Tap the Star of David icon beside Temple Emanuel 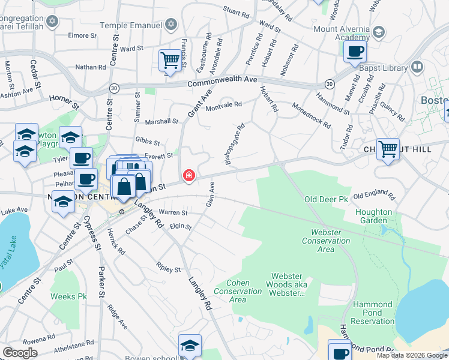pyautogui.click(x=171, y=24)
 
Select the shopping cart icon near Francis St pyautogui.click(x=170, y=61)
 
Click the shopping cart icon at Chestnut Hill pyautogui.click(x=388, y=149)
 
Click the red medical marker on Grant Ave pyautogui.click(x=189, y=175)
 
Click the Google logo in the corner pyautogui.click(x=20, y=352)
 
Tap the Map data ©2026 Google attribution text pyautogui.click(x=411, y=355)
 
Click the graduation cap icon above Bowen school pyautogui.click(x=190, y=345)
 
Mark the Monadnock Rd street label pyautogui.click(x=311, y=114)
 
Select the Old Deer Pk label pyautogui.click(x=326, y=199)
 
